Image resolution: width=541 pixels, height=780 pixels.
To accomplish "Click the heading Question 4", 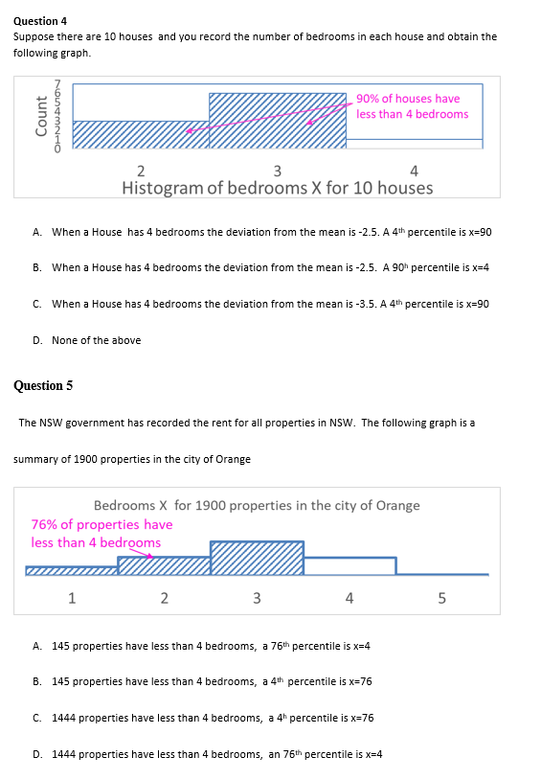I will [x=40, y=20].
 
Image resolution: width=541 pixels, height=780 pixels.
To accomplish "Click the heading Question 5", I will [x=43, y=386].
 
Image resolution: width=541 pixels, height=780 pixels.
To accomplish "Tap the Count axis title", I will [x=41, y=116].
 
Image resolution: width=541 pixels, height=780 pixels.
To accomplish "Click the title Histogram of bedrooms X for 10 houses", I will [x=277, y=187].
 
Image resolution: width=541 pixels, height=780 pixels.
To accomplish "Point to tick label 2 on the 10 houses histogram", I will [x=141, y=172].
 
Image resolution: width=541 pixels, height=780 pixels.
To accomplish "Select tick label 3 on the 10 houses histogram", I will [x=278, y=172].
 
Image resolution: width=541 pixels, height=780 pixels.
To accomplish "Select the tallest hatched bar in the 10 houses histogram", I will [x=278, y=122].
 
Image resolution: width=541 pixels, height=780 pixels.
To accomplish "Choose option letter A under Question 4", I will [x=36, y=233].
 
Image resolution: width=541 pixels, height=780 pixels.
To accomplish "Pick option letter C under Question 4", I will [x=36, y=304].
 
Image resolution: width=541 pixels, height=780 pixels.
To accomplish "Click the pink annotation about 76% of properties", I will [x=101, y=534].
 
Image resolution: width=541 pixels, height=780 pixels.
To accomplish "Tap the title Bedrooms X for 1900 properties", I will [x=257, y=505].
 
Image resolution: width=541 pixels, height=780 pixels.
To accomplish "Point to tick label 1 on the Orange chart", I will [x=71, y=599].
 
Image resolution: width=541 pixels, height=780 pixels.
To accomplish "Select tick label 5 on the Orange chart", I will [x=441, y=599].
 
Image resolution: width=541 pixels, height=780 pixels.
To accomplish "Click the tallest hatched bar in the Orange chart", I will [x=257, y=559].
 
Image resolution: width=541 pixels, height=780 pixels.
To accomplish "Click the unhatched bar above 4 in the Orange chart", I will [x=349, y=565].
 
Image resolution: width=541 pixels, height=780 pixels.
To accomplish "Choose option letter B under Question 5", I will [x=36, y=681].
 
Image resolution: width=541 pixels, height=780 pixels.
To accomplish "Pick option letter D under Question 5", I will [x=36, y=754].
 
